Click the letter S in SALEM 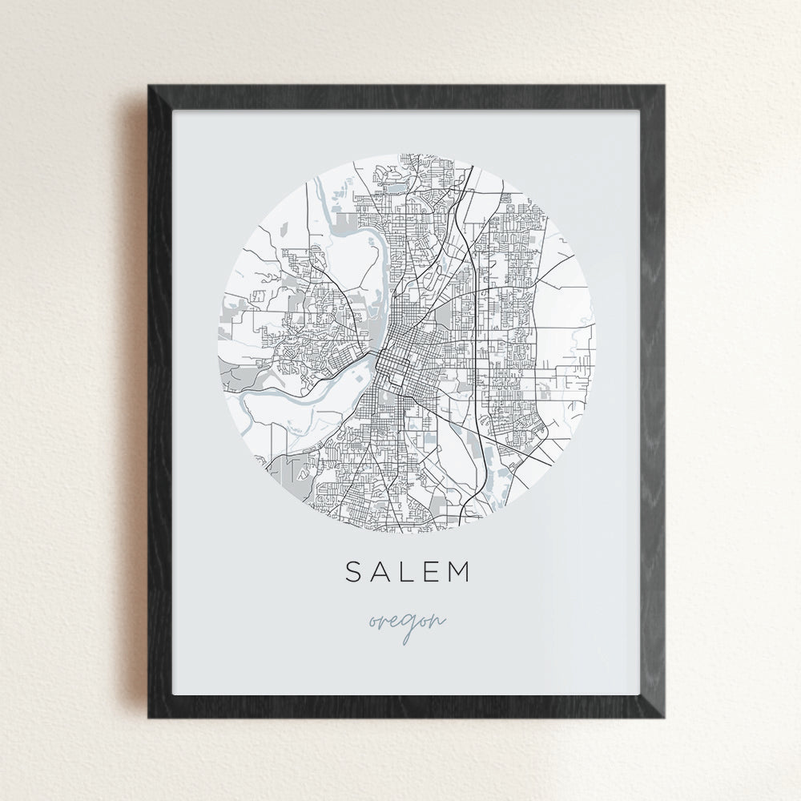pyautogui.click(x=354, y=571)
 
